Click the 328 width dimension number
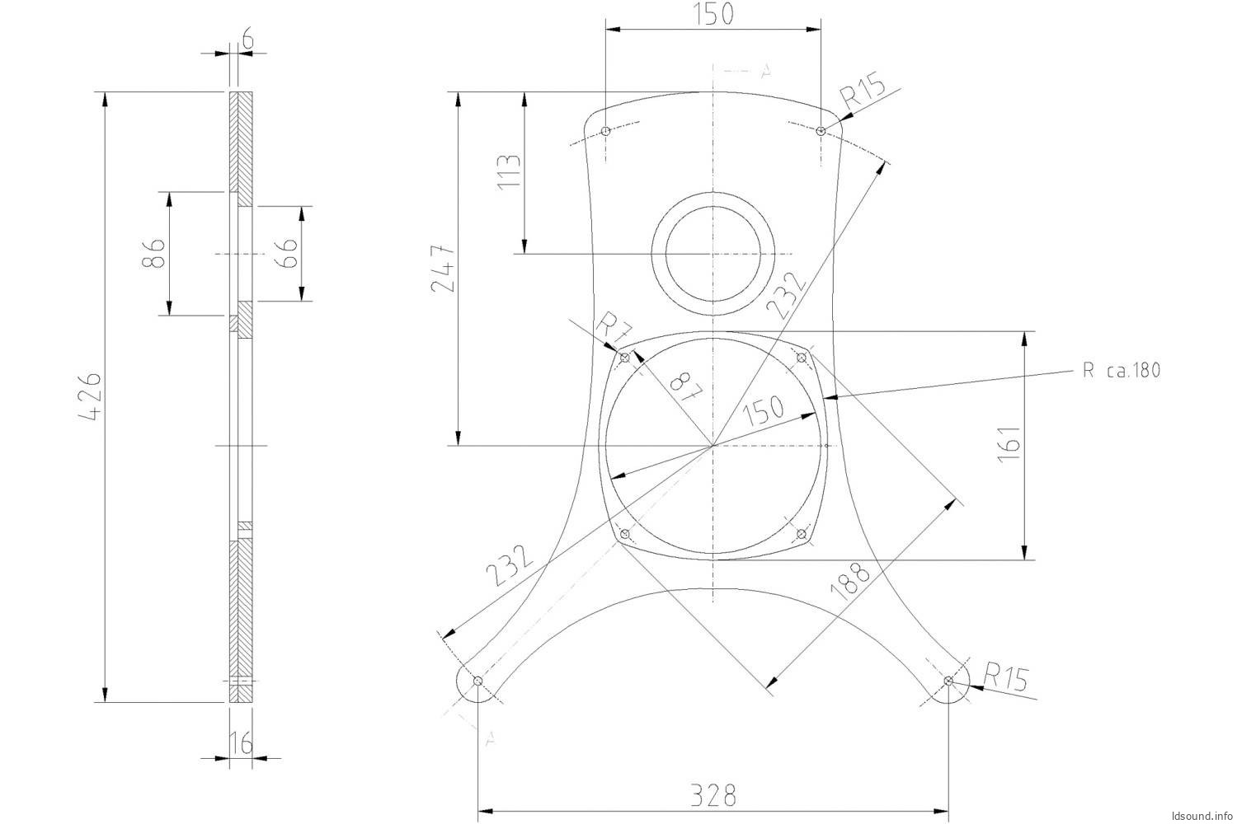coord(713,795)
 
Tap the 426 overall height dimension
coord(89,397)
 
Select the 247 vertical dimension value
coord(443,269)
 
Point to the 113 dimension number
coord(509,172)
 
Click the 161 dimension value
coord(1009,445)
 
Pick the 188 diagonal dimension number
coord(850,581)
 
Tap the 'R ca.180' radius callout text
coord(1121,370)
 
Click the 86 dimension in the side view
coord(153,253)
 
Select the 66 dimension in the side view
coord(287,253)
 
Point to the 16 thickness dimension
coord(241,742)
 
